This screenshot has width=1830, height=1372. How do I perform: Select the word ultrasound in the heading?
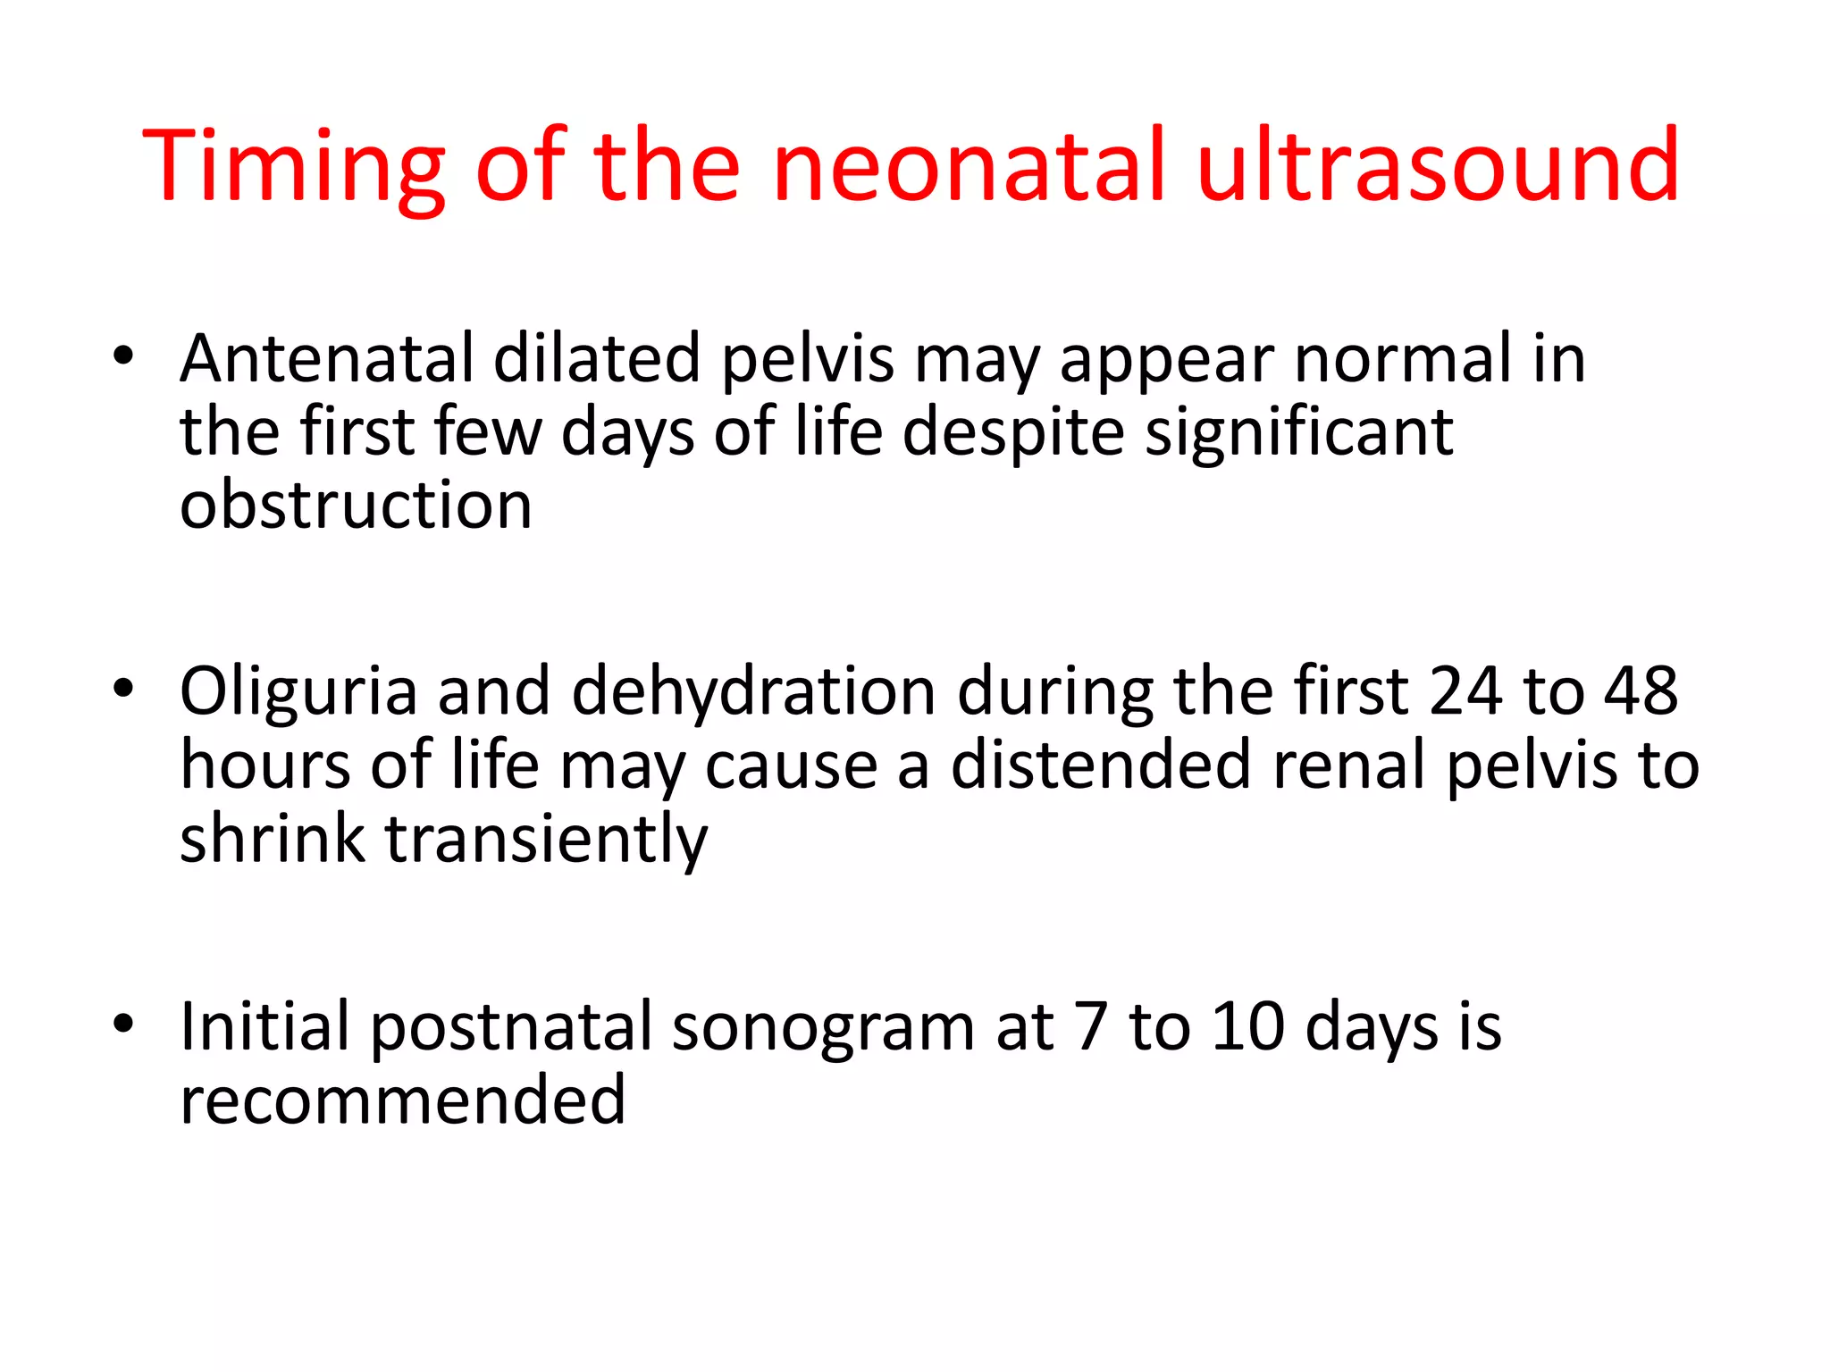point(1438,166)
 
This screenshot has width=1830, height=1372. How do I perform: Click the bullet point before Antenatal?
point(123,356)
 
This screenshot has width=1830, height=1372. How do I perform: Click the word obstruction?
point(356,506)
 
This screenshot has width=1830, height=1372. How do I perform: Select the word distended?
point(1100,766)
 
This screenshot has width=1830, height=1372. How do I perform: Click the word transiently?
point(546,841)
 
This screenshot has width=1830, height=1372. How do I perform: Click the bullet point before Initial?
point(123,1024)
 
